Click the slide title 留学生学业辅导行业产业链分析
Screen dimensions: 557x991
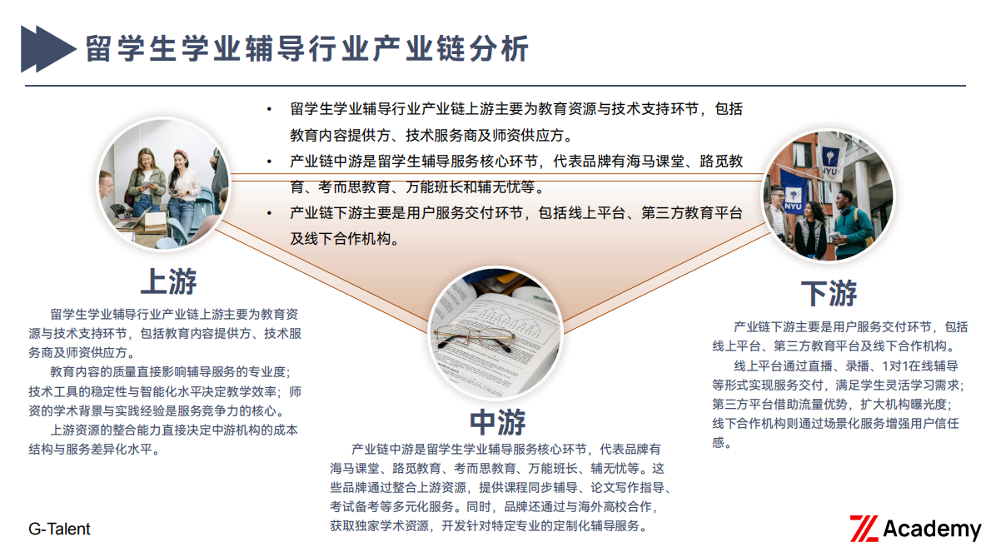coord(307,49)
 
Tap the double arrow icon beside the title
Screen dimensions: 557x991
coord(47,48)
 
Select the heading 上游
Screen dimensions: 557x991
coord(169,281)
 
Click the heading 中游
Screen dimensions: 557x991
coord(497,422)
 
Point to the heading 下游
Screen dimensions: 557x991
coord(829,293)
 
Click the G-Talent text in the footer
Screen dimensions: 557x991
coord(59,529)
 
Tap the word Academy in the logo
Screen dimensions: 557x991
coord(931,529)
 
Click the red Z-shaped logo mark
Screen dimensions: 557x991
coord(864,529)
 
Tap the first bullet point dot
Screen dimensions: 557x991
coord(269,109)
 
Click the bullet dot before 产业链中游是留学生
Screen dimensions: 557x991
coord(269,162)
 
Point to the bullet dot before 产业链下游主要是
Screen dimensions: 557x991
coord(269,213)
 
